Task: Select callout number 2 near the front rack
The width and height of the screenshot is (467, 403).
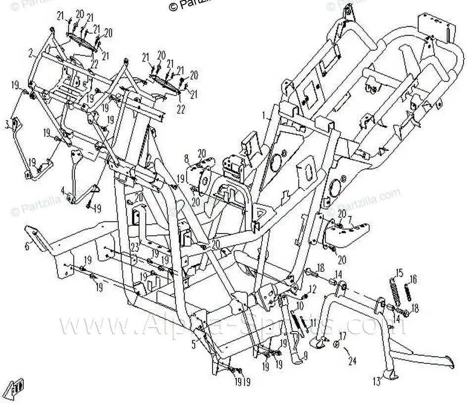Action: [31, 51]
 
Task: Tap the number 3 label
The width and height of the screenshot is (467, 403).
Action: [7, 124]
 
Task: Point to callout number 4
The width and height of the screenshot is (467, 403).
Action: [63, 190]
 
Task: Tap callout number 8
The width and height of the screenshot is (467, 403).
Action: [186, 159]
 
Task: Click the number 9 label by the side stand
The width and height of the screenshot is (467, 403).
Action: [305, 354]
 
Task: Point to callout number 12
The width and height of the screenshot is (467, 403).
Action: [312, 288]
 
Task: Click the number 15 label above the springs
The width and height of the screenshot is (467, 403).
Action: [399, 272]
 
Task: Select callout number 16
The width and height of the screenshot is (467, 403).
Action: [414, 279]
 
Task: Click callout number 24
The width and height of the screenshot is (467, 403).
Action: [352, 361]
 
